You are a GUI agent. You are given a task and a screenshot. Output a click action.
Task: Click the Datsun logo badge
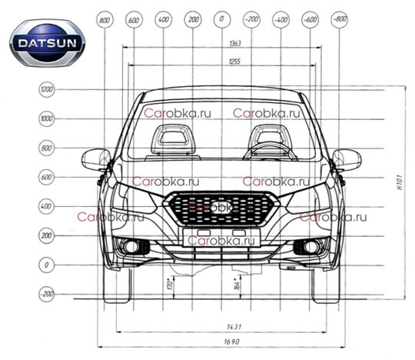(x=47, y=43)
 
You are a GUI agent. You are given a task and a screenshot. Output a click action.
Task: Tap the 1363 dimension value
(x=235, y=43)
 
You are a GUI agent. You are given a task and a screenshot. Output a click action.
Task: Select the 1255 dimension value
(x=234, y=62)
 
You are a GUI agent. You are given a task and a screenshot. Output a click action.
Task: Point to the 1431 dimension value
(x=234, y=327)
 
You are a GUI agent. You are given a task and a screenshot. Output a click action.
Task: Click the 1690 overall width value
(x=232, y=342)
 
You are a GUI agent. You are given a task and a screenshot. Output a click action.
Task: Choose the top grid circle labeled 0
(x=222, y=19)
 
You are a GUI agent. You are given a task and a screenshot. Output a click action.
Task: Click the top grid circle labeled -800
(x=339, y=19)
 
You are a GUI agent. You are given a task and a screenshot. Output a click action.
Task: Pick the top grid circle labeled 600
(x=134, y=20)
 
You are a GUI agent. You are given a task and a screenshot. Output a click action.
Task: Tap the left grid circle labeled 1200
(x=47, y=89)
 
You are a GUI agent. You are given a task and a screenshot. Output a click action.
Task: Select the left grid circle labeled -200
(x=47, y=294)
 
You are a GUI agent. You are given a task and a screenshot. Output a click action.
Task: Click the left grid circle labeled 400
(x=47, y=206)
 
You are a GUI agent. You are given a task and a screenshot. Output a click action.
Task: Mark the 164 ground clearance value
(x=237, y=283)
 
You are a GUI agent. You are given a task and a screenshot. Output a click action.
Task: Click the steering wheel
(x=271, y=152)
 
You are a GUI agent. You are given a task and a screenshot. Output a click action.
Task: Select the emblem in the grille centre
(x=222, y=207)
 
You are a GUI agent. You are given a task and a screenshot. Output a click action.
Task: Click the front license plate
(x=221, y=238)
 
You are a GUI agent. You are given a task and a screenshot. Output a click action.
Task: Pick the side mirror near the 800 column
(x=96, y=159)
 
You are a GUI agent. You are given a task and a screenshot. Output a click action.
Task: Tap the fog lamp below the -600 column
(x=310, y=247)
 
